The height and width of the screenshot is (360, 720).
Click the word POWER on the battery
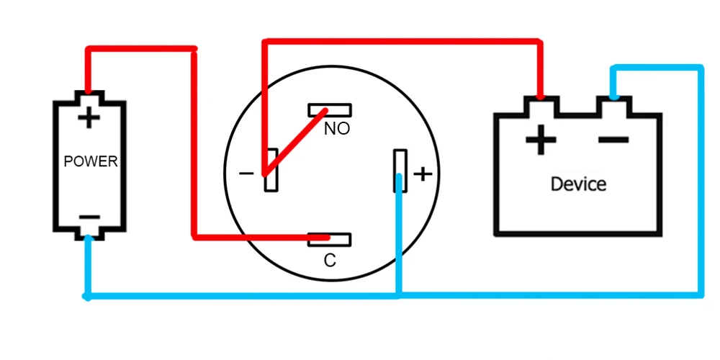[90, 161]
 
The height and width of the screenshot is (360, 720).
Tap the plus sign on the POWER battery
[89, 117]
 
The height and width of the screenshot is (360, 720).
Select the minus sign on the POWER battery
[89, 217]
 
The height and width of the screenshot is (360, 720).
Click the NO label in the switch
[337, 130]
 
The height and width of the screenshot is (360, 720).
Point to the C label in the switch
[330, 261]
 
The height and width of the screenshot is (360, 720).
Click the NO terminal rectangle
[330, 110]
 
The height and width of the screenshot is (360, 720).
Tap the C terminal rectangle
[330, 238]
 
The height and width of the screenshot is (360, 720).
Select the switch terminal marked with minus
[271, 170]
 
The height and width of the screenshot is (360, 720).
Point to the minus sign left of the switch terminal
[246, 174]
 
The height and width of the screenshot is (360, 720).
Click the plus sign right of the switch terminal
[423, 174]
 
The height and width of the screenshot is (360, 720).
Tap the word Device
[578, 184]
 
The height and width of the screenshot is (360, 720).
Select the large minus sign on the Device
[613, 140]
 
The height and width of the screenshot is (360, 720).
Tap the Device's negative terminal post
[613, 106]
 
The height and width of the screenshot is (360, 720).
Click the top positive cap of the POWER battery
[89, 96]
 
